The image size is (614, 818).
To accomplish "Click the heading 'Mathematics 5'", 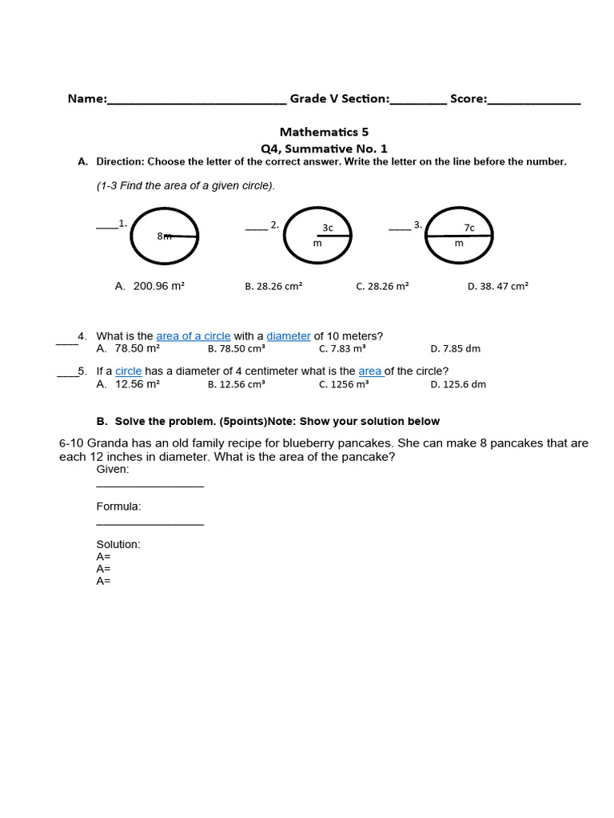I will tap(324, 132).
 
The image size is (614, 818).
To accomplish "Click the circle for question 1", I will tap(164, 236).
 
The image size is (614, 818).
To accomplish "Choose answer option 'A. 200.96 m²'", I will tap(150, 286).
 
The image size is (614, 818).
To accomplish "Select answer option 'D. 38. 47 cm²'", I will tap(497, 286).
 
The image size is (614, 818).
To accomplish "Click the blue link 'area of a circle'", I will tap(193, 336).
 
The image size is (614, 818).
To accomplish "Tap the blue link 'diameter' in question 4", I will tap(288, 336).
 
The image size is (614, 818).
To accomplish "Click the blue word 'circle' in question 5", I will tap(128, 371).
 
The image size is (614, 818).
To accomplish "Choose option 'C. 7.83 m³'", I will tap(342, 349).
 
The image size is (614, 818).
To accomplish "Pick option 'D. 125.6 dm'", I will tap(457, 384).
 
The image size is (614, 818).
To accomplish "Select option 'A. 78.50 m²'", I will tap(128, 349).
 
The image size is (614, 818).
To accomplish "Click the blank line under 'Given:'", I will tap(150, 485).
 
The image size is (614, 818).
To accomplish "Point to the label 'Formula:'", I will tap(118, 506).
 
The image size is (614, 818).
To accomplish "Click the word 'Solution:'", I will tap(118, 544).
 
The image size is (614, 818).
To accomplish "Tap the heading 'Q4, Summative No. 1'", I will tap(324, 149).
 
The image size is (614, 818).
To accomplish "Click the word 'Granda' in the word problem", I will tap(106, 443).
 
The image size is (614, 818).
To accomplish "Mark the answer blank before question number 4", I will tap(66, 342).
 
